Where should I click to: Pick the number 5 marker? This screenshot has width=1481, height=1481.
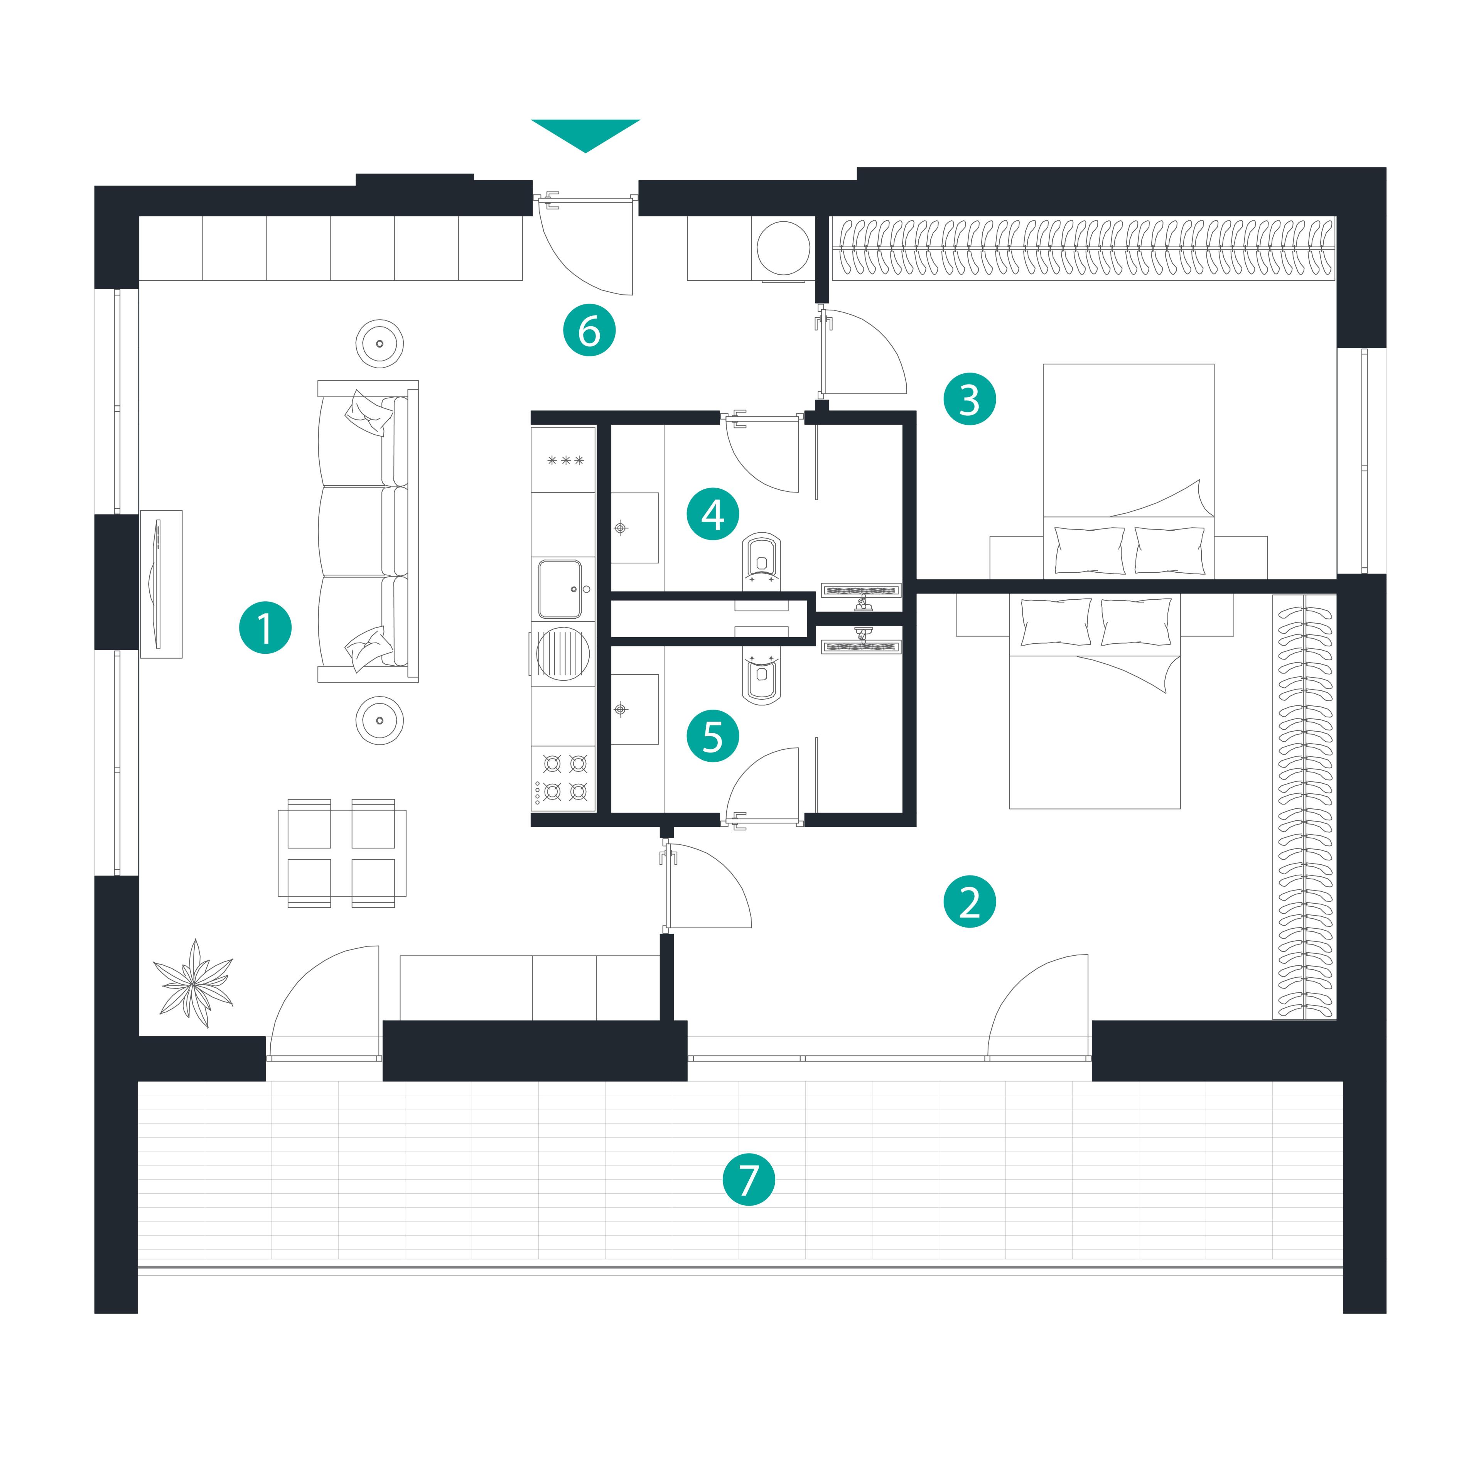click(713, 736)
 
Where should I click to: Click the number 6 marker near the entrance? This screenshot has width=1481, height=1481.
click(589, 331)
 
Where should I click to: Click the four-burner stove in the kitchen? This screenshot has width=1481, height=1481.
click(563, 778)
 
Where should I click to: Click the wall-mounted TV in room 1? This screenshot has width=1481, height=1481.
click(159, 584)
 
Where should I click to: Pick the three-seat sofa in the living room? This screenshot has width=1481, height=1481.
click(368, 530)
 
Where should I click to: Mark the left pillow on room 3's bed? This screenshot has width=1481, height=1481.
click(1089, 550)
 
